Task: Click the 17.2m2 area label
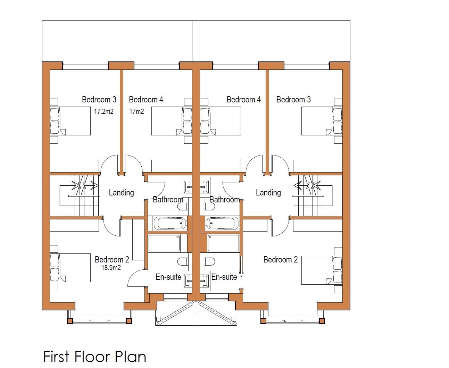pos(104,111)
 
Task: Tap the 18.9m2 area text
pos(111,268)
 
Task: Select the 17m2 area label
pos(137,111)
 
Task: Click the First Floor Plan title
pos(95,357)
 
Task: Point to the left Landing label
pos(121,193)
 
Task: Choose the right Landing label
pos(268,193)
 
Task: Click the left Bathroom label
pos(168,199)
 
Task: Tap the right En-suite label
pos(224,277)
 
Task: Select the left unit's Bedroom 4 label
pos(146,99)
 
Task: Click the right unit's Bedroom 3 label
pos(293,99)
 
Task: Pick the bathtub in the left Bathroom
pos(170,223)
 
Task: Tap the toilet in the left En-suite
pos(183,261)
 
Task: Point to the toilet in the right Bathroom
pos(210,207)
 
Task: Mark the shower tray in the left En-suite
pos(164,243)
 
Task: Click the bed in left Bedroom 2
pos(70,268)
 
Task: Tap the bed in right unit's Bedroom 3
pos(322,121)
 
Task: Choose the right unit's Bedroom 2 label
pos(281,259)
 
